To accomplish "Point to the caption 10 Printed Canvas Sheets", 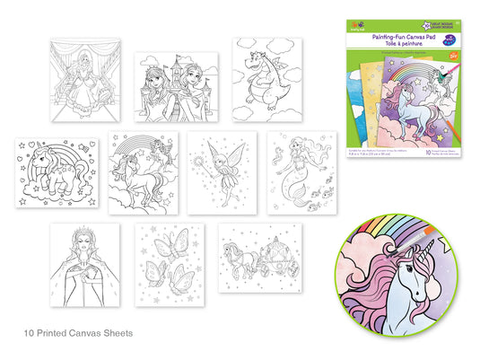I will pos(78,332).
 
